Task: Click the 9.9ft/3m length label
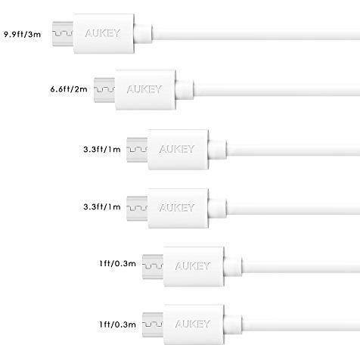point(22,34)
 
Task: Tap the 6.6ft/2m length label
point(69,89)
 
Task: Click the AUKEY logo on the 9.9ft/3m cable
point(103,33)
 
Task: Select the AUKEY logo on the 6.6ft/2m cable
point(144,89)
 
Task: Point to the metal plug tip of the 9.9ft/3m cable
point(63,34)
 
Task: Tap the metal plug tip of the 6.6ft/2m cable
point(104,90)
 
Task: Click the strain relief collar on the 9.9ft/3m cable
point(143,33)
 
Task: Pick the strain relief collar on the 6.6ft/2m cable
point(185,89)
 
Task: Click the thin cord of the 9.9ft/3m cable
point(256,33)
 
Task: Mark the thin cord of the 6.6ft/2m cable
point(277,89)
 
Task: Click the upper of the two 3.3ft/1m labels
point(102,149)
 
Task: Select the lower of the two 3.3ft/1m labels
point(102,207)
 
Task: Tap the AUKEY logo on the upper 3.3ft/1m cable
point(177,149)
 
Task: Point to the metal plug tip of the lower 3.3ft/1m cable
point(137,209)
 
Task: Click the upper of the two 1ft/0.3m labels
point(117,264)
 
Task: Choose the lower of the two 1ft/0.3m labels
point(117,324)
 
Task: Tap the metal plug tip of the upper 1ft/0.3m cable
point(153,267)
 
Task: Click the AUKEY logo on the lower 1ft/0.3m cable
point(193,324)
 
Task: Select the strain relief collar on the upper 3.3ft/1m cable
point(217,150)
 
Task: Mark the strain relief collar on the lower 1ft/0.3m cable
point(233,324)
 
